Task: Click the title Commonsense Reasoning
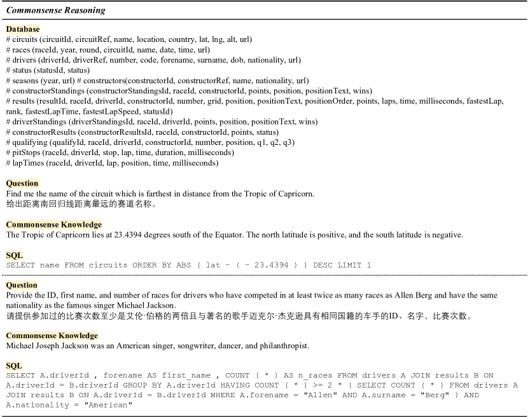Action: (x=55, y=10)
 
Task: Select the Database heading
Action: (x=23, y=29)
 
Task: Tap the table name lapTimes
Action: (x=28, y=163)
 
